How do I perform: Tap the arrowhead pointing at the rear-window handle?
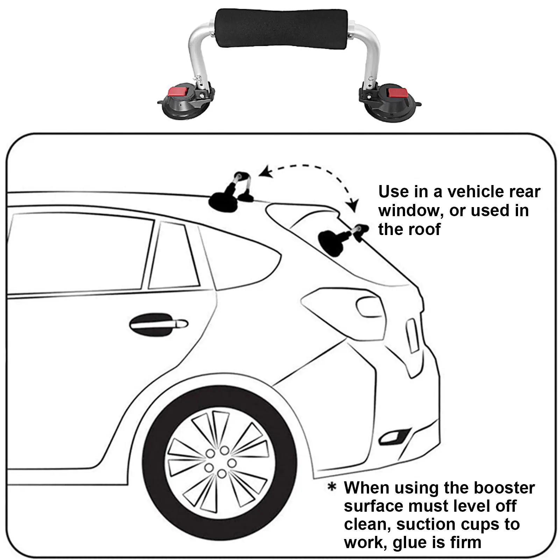pyautogui.click(x=354, y=204)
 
